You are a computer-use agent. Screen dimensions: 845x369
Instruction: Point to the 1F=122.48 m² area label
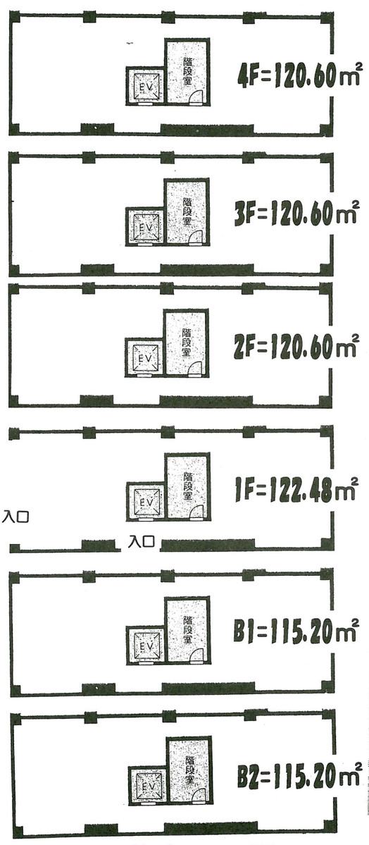[x=296, y=489]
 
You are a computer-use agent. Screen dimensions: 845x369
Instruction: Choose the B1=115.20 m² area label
[x=296, y=629]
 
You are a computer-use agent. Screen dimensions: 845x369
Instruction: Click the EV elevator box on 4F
[x=145, y=86]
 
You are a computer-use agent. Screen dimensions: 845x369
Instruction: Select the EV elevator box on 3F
[x=145, y=226]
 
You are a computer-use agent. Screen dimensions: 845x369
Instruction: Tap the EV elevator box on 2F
[x=144, y=357]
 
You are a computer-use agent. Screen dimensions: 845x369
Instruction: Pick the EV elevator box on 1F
[x=146, y=501]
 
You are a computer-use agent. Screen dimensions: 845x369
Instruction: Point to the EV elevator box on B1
[x=146, y=644]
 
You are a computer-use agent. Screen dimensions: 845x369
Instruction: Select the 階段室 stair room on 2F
[x=187, y=342]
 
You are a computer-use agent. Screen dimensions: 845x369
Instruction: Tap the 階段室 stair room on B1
[x=187, y=629]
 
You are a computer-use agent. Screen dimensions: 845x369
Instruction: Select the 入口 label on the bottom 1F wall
[x=142, y=543]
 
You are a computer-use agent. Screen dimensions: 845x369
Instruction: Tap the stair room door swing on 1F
[x=199, y=512]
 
